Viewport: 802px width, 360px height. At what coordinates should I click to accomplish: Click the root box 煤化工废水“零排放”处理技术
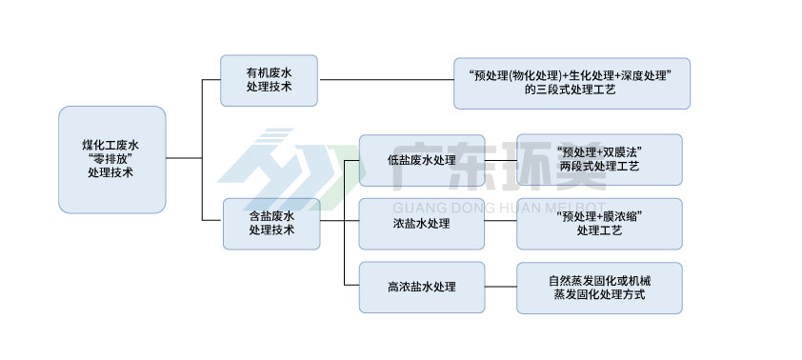coord(111,159)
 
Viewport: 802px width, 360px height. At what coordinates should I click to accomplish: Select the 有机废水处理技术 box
coord(269,80)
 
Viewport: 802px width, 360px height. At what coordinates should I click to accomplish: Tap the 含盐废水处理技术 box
coord(271,223)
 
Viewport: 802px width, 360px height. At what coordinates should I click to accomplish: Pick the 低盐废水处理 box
coord(422,160)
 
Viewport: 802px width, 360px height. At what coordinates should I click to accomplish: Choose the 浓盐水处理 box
coord(421,224)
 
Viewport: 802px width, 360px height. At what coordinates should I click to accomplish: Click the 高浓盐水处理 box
coord(422,287)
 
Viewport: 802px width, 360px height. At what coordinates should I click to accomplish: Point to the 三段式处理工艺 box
coord(571,82)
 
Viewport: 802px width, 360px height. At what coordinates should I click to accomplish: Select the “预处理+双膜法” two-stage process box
coord(599,159)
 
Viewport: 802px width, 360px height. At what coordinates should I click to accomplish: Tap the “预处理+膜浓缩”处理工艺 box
coord(599,224)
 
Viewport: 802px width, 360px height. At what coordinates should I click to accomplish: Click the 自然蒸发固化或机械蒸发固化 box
coord(599,288)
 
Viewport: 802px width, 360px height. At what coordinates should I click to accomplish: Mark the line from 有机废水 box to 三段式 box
coord(385,80)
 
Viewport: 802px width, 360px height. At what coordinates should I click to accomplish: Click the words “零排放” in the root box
coord(111,159)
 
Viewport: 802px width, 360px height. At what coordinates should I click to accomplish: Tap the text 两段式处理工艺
coord(599,167)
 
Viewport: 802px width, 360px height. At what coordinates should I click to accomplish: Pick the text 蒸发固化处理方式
coord(599,295)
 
